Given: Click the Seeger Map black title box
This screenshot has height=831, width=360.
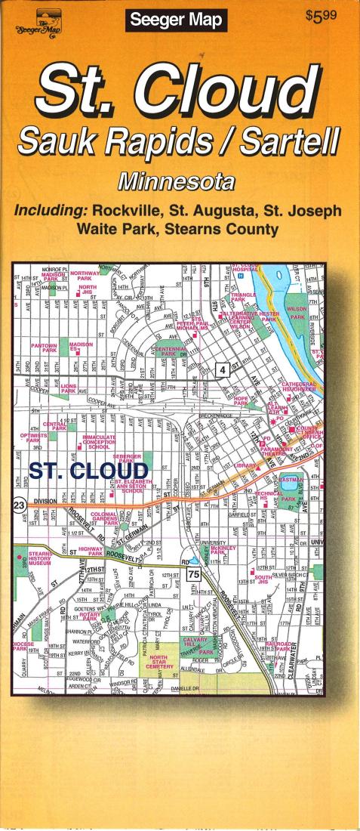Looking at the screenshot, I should [x=175, y=20].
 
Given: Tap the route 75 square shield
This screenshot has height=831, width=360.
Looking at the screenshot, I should [x=194, y=576].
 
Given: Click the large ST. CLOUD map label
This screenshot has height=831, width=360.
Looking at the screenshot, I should [x=89, y=471].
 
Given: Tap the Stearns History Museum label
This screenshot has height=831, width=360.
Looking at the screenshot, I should [x=35, y=561].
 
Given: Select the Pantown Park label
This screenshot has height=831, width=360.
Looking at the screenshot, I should [x=44, y=348].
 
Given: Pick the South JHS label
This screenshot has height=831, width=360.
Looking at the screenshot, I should [x=263, y=579].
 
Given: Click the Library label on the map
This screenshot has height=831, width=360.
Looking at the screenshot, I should [x=246, y=466].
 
